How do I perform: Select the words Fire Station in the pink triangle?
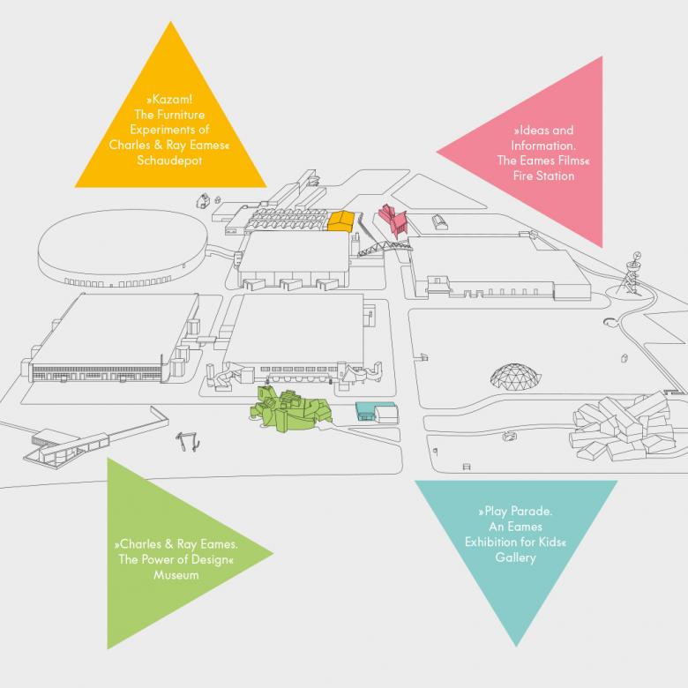point(545,176)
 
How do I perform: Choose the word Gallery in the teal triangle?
point(515,558)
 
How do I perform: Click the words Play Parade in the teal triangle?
point(515,511)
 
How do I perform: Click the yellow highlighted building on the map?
point(341,220)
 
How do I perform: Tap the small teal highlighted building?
point(374,411)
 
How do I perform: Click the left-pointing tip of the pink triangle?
point(437,153)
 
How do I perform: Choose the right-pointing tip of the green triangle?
point(273,554)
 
